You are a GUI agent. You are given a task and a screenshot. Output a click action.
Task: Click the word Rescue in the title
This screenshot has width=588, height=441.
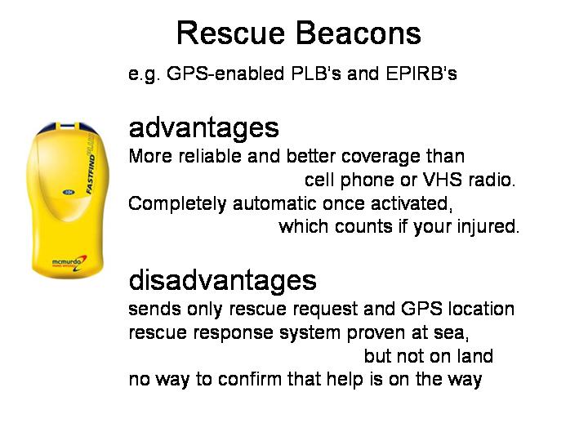coord(230,33)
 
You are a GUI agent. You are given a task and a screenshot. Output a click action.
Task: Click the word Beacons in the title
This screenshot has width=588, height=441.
coord(359,33)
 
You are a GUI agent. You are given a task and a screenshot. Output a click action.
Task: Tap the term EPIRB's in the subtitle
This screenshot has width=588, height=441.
coord(421,73)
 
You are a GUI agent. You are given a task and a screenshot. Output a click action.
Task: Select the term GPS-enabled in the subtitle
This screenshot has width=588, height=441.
coord(225,73)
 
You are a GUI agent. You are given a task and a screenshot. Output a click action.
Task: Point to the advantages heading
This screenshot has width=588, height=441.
coord(203,128)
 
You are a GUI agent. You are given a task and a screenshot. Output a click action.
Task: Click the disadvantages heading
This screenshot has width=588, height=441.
coord(222,280)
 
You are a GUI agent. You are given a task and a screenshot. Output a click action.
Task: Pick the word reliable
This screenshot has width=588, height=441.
coord(210,156)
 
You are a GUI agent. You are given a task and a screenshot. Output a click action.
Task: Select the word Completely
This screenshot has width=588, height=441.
coord(177,204)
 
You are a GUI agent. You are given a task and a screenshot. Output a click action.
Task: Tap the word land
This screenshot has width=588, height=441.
coord(477,356)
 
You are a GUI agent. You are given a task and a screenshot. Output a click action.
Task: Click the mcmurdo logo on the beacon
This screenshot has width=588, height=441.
coord(69,262)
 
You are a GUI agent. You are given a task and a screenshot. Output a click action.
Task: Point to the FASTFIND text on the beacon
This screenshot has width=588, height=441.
coord(91,173)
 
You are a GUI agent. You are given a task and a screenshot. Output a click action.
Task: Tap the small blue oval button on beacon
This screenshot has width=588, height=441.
coord(69,193)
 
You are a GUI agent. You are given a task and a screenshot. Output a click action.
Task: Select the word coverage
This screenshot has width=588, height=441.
coord(381,156)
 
